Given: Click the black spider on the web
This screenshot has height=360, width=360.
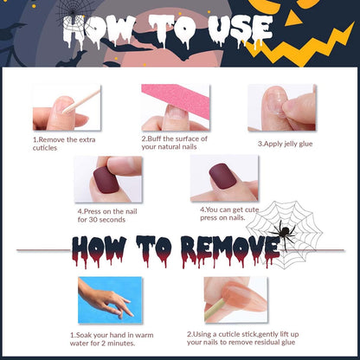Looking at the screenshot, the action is (284, 233).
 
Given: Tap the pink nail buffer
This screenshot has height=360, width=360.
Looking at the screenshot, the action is (179, 98).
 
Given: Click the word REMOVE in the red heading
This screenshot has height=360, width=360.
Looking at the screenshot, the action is (230, 250).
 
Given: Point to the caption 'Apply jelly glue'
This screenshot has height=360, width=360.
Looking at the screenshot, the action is (285, 144).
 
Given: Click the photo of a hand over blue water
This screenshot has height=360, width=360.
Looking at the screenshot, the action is (110, 300).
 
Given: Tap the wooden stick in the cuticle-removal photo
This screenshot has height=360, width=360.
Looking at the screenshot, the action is (82, 101).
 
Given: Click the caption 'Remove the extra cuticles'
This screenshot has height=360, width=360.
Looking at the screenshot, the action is (64, 144).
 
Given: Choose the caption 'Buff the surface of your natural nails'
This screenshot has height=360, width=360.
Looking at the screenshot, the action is (174, 143).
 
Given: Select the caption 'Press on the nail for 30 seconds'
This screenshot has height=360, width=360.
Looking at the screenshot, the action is (107, 215).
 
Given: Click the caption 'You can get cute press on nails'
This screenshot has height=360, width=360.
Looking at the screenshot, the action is (229, 214).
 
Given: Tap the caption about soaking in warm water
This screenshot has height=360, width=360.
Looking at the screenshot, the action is (112, 339).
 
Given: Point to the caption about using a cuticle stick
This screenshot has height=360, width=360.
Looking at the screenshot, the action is (242, 338).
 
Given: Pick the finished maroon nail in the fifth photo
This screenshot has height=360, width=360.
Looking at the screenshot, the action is (223, 177).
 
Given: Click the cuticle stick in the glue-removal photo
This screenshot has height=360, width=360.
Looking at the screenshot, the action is (215, 310).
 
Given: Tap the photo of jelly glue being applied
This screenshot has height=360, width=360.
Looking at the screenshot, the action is (281, 107).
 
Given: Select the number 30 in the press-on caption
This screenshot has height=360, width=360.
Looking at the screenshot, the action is (93, 220).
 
